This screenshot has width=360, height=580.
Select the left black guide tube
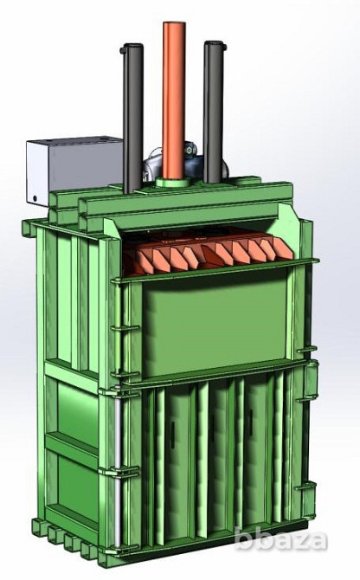click(x=133, y=119)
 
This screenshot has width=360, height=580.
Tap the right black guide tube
click(x=214, y=111)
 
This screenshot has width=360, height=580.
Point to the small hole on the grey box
click(x=35, y=198)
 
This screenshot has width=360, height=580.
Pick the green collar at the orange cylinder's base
click(x=174, y=183)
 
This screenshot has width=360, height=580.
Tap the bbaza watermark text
click(x=281, y=540)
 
